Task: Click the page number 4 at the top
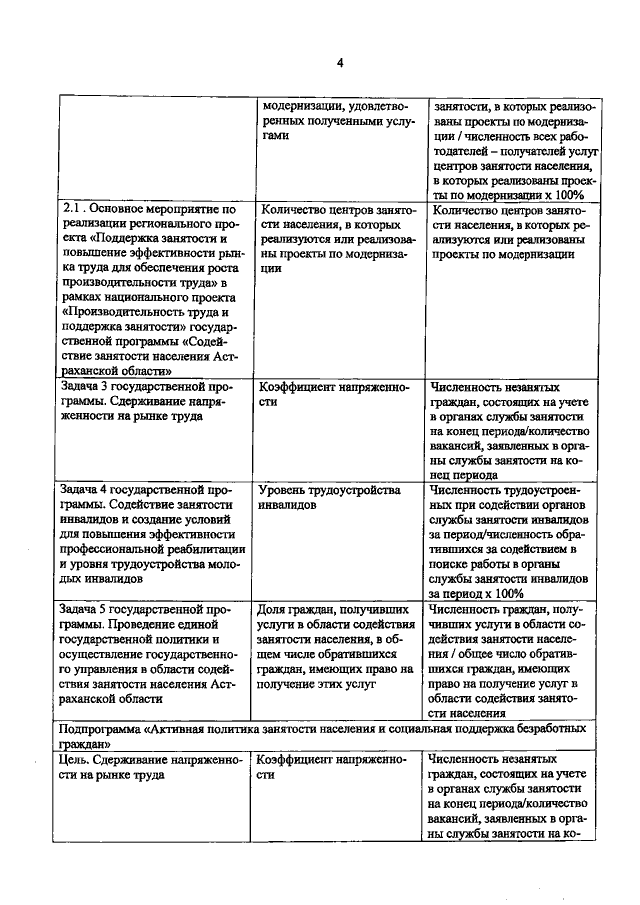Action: point(339,63)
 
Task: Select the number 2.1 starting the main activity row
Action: point(73,209)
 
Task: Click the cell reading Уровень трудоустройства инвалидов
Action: point(329,498)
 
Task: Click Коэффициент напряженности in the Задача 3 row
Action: point(331,394)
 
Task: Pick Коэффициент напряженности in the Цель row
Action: point(331,768)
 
